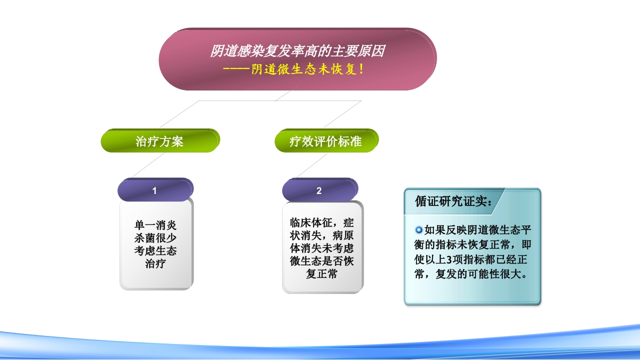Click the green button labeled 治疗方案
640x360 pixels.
coord(159,141)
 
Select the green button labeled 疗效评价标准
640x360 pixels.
coord(325,141)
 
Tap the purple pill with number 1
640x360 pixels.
coord(154,190)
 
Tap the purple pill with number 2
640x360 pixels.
coord(319,190)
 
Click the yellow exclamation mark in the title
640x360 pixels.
coord(361,69)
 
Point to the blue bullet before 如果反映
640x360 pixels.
coord(419,230)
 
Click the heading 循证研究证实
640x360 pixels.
coord(453,201)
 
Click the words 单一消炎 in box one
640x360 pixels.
coord(155,225)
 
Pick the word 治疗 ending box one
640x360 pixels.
coord(155,263)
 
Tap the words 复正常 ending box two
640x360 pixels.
coord(322,274)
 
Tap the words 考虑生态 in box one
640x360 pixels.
coord(155,250)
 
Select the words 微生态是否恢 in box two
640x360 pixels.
coord(322,261)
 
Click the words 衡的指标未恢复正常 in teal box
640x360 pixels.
coord(466,245)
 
